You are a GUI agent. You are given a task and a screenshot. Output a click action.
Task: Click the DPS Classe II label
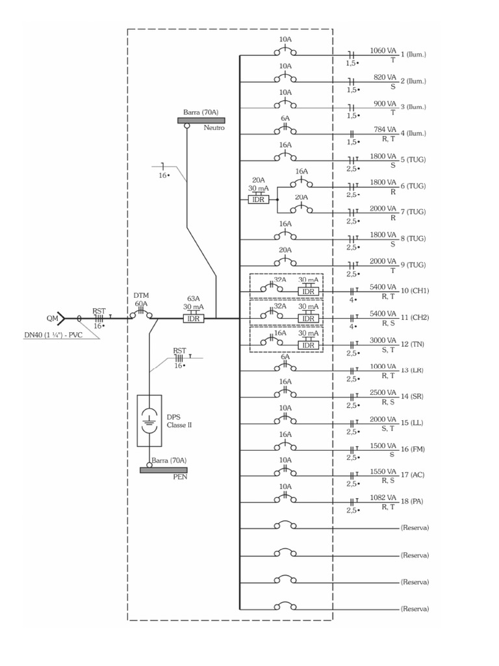[x=179, y=421]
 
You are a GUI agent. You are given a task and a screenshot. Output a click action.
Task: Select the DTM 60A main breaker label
[x=141, y=299]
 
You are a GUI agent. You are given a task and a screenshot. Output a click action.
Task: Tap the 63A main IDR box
[x=193, y=319]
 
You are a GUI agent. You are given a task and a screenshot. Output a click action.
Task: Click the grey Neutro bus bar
[x=201, y=120]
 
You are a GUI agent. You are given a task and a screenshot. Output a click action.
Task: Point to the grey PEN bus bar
[x=164, y=470]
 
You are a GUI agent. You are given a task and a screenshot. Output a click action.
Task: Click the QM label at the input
[x=52, y=319]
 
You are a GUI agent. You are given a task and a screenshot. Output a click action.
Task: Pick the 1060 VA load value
[x=383, y=50]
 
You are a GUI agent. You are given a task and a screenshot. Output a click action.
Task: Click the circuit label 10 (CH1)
[x=415, y=291]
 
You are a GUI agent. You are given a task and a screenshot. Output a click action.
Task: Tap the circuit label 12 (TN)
[x=414, y=343]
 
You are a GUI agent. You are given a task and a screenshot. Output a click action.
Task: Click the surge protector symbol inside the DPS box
[x=149, y=420]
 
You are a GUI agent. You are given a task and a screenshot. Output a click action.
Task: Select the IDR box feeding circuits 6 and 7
[x=257, y=200]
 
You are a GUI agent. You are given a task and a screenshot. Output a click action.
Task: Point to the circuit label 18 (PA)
[x=413, y=502]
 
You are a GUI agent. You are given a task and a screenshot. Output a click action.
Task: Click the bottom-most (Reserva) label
[x=415, y=609]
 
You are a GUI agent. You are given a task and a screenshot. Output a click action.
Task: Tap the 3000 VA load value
[x=383, y=340]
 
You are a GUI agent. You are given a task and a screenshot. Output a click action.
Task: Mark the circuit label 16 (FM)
[x=414, y=449]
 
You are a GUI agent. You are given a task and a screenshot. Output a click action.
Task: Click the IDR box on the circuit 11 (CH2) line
[x=309, y=319]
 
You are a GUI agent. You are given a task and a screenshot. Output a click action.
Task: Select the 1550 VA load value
[x=383, y=472]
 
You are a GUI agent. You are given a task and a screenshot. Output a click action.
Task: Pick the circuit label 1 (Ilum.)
[x=414, y=54]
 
